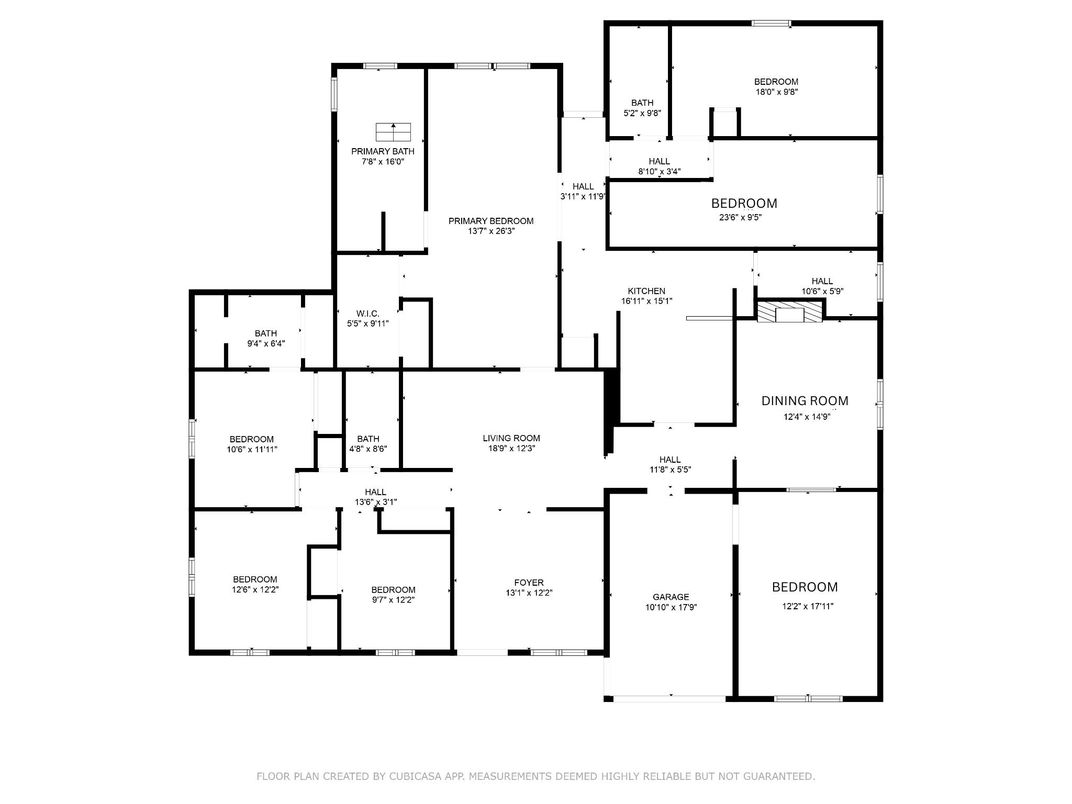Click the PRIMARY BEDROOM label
pyautogui.click(x=491, y=221)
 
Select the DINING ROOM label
pyautogui.click(x=805, y=401)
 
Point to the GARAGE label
pyautogui.click(x=671, y=597)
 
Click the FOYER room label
pyautogui.click(x=529, y=582)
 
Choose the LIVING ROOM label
pyautogui.click(x=511, y=438)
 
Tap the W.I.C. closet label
pyautogui.click(x=368, y=313)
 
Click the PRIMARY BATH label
pyautogui.click(x=383, y=151)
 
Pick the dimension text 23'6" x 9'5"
pyautogui.click(x=739, y=218)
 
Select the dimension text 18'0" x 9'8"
pyautogui.click(x=777, y=92)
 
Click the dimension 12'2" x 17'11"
pyautogui.click(x=808, y=606)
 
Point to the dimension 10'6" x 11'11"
pyautogui.click(x=252, y=449)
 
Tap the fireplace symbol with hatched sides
pyautogui.click(x=790, y=312)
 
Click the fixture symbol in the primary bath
pyautogui.click(x=393, y=131)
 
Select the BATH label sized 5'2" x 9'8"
pyautogui.click(x=642, y=103)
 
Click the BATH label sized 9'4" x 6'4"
pyautogui.click(x=266, y=334)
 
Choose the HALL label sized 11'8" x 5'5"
pyautogui.click(x=670, y=459)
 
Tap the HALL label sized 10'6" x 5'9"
pyautogui.click(x=822, y=281)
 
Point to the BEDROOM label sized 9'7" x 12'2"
pyautogui.click(x=393, y=590)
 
